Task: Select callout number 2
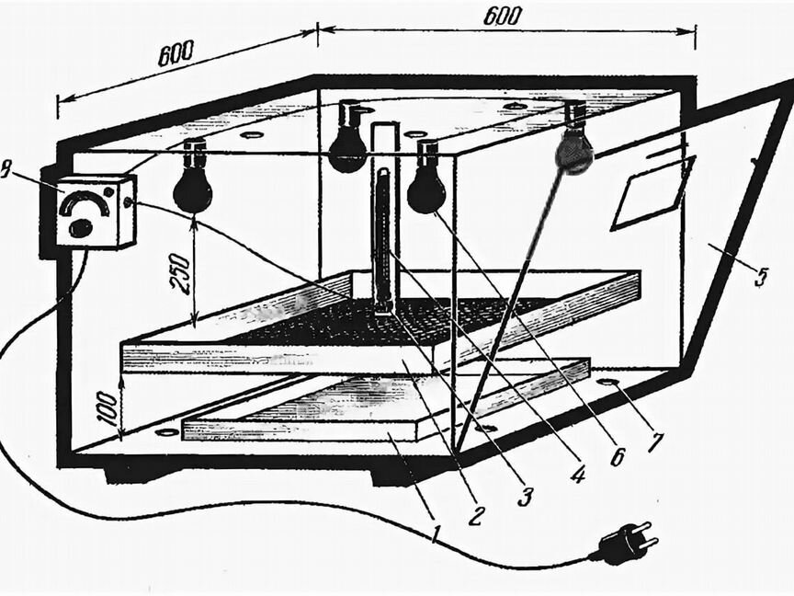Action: click(x=477, y=512)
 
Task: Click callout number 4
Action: click(x=577, y=472)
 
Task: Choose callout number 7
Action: click(x=653, y=440)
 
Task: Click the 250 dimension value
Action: click(x=181, y=274)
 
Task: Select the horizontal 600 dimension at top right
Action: click(x=501, y=16)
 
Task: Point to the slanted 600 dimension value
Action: click(x=176, y=53)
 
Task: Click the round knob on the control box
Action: click(x=80, y=227)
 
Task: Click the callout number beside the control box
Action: click(x=6, y=171)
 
